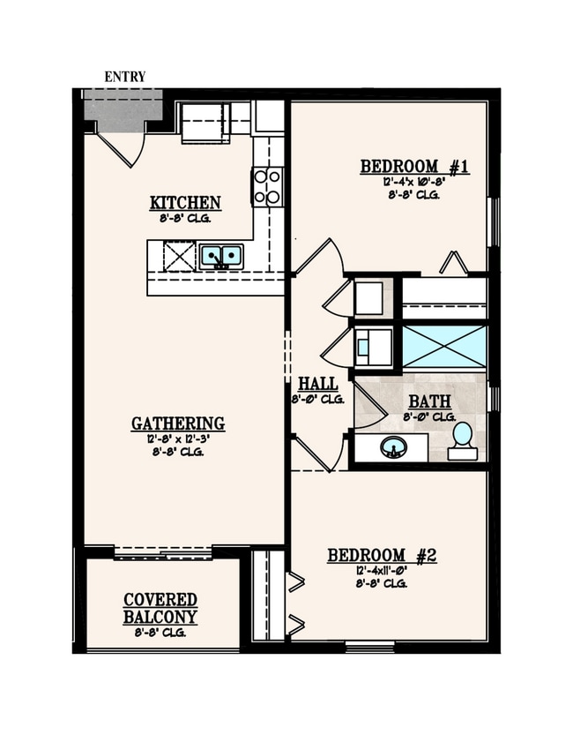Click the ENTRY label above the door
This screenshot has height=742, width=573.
tap(124, 77)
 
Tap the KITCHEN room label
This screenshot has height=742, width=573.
tap(185, 203)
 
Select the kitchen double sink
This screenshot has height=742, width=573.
tap(221, 257)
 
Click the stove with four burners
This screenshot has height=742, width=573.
tap(267, 187)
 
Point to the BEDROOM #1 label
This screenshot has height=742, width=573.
tap(414, 166)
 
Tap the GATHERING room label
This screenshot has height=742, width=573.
tap(178, 423)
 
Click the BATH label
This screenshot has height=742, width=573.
tap(429, 401)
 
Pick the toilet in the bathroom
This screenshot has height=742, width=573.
tap(463, 439)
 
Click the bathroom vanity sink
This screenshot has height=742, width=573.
tap(394, 447)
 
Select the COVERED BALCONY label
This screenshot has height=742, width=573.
tap(160, 608)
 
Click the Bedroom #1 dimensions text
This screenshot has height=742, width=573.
tap(413, 182)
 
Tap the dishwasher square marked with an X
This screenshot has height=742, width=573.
tap(179, 257)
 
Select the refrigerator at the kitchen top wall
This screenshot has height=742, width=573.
tap(205, 120)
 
